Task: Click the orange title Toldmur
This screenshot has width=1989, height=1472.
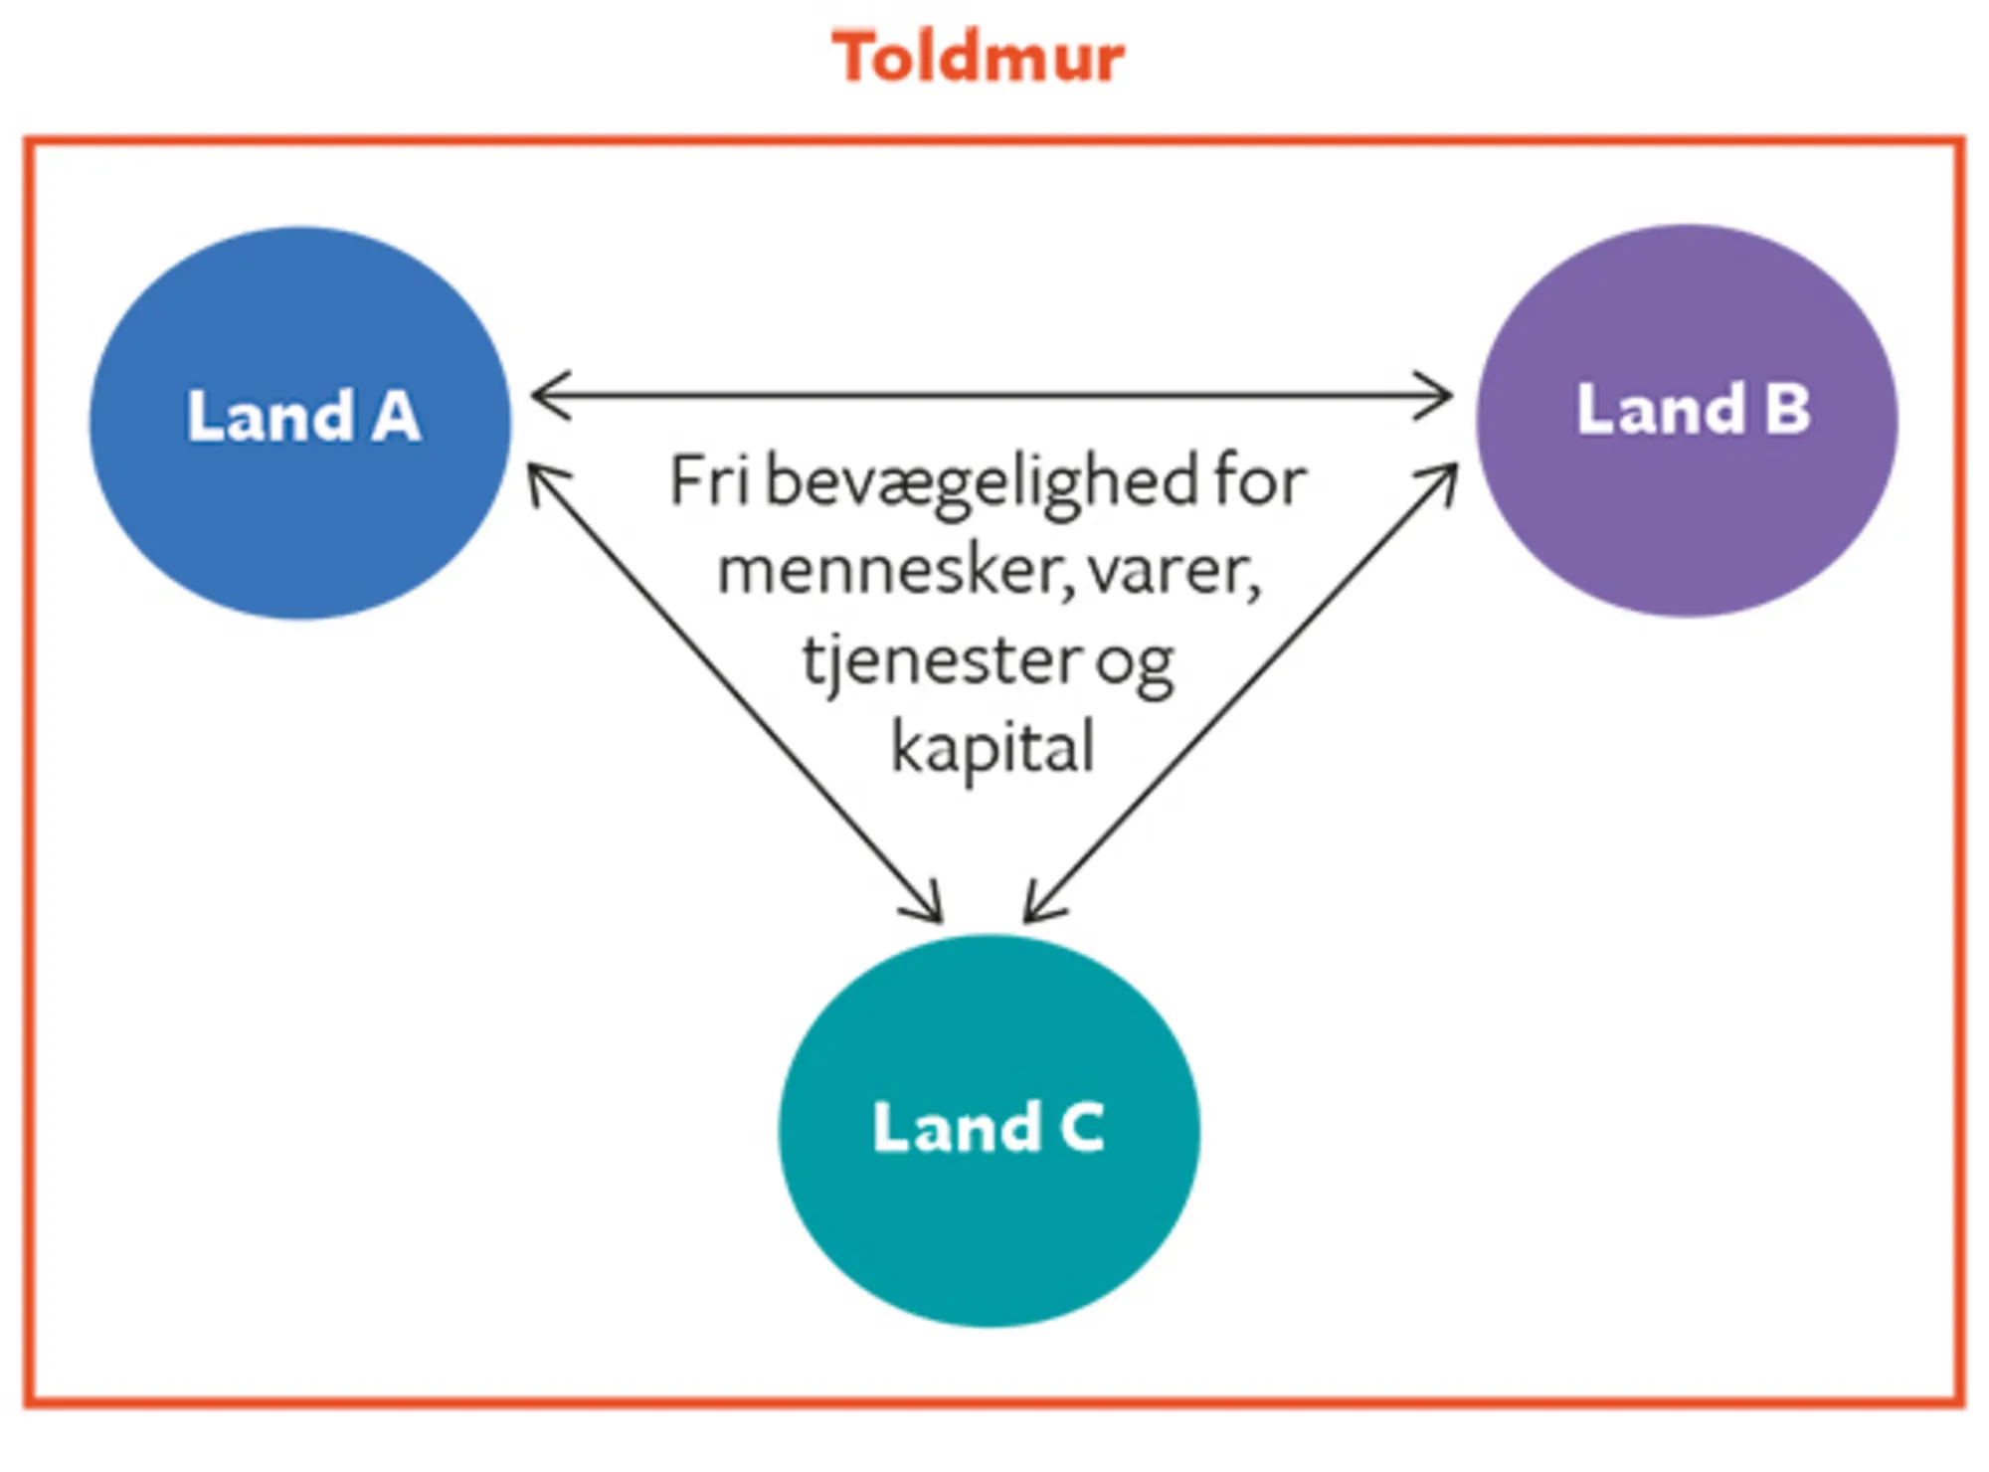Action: click(978, 57)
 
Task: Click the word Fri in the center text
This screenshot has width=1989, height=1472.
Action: click(708, 481)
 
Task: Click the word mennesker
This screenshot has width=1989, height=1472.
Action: click(895, 572)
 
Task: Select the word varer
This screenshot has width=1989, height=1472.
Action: click(1174, 572)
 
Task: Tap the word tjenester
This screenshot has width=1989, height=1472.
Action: click(941, 660)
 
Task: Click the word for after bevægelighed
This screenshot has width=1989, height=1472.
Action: click(1259, 481)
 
